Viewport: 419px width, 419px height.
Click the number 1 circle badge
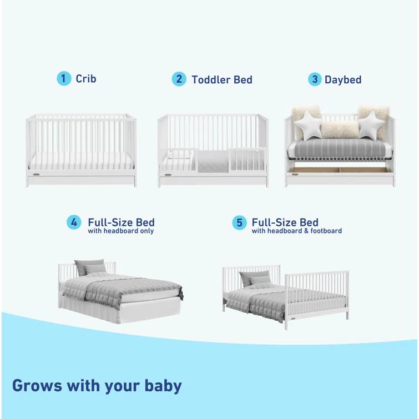64,79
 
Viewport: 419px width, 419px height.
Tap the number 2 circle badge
179,79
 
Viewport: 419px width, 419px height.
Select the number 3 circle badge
315,79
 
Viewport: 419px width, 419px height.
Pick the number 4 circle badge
74,223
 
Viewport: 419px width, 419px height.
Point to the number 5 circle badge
239,223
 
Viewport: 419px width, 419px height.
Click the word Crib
86,79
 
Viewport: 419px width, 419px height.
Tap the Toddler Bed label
222,80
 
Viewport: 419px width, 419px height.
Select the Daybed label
343,80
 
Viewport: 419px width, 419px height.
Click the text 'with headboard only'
121,231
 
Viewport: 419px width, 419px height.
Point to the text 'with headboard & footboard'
296,231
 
